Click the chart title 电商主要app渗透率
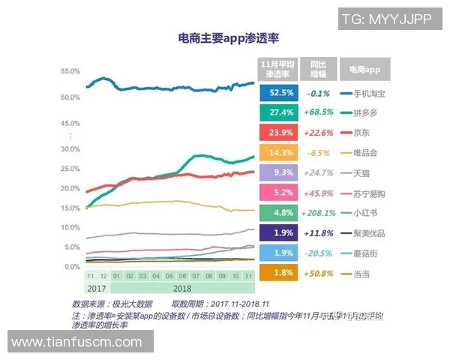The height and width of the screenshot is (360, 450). [223, 38]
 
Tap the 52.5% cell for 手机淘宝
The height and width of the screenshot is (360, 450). [275, 93]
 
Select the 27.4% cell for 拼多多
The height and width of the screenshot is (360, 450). [275, 112]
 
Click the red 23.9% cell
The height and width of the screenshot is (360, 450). [275, 133]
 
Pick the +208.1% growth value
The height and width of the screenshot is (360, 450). [318, 213]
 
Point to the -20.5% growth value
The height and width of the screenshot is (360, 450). [318, 253]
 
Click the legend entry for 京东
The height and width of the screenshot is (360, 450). [360, 133]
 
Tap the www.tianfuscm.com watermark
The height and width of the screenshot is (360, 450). [76, 342]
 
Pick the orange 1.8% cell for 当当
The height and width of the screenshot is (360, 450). [275, 273]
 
